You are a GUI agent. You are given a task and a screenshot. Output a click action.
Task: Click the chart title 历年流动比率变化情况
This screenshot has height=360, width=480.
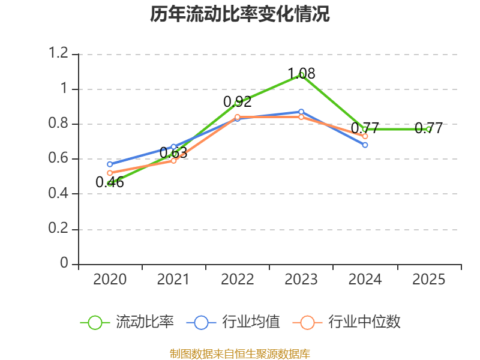[x=239, y=14]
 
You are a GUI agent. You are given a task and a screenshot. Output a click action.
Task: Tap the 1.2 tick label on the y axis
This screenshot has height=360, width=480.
[x=58, y=53]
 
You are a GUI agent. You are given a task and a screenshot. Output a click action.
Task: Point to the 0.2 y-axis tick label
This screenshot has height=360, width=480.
[x=58, y=228]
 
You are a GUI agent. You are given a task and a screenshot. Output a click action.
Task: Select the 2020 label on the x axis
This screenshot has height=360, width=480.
[x=110, y=279]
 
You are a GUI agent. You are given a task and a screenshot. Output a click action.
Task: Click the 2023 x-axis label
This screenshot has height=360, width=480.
[x=301, y=279]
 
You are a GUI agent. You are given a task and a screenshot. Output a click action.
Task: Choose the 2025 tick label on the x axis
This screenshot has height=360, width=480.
[x=428, y=279]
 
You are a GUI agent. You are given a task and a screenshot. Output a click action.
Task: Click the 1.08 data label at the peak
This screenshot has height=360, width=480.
[x=301, y=73]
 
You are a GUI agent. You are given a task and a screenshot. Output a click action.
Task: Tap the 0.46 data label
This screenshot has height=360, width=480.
[x=110, y=182]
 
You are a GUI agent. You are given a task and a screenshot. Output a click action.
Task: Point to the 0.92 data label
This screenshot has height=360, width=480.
[x=238, y=101]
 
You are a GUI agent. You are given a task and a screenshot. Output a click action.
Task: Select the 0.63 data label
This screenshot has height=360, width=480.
[x=173, y=152]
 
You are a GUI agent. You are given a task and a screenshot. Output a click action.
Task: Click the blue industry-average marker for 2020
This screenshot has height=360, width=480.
[x=110, y=164]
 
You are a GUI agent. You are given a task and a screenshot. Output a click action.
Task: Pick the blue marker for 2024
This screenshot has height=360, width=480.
[x=365, y=145]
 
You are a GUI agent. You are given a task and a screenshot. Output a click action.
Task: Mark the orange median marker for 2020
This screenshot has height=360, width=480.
[x=110, y=173]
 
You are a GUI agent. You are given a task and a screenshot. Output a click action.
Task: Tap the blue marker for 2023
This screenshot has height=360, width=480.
[x=301, y=112]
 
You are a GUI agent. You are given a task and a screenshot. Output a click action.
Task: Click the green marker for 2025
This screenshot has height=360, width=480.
[x=428, y=129]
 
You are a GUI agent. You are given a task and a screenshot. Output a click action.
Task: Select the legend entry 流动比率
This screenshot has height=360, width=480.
[x=127, y=322]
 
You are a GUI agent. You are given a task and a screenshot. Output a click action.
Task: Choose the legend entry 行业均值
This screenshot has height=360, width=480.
[x=233, y=322]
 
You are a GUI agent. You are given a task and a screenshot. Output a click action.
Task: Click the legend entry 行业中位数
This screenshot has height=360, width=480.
[x=346, y=322]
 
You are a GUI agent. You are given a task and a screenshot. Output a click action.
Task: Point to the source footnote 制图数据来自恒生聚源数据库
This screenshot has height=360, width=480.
[x=239, y=354]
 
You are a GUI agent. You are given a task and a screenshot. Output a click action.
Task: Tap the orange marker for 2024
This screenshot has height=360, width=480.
[x=365, y=136]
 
